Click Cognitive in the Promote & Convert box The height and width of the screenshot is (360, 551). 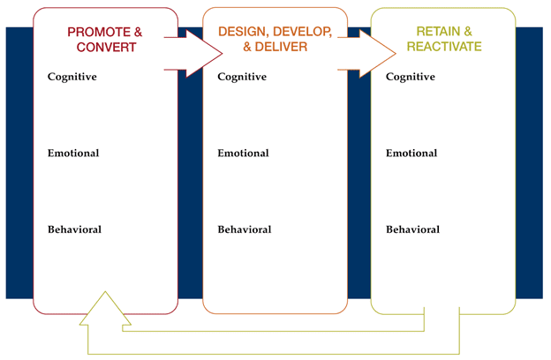click(x=72, y=77)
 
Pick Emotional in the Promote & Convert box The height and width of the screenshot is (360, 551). click(x=73, y=153)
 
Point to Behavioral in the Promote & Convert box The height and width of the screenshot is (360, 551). click(x=74, y=229)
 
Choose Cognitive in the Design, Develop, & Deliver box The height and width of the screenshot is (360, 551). click(x=243, y=77)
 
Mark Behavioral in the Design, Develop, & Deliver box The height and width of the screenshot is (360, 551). click(x=245, y=229)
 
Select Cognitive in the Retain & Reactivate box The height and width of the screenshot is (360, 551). click(x=411, y=77)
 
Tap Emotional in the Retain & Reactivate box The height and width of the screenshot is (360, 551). click(x=411, y=153)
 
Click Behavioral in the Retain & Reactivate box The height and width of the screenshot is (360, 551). click(x=412, y=229)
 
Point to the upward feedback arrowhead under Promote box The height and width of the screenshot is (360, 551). click(x=104, y=307)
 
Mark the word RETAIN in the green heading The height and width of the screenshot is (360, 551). click(x=427, y=32)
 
